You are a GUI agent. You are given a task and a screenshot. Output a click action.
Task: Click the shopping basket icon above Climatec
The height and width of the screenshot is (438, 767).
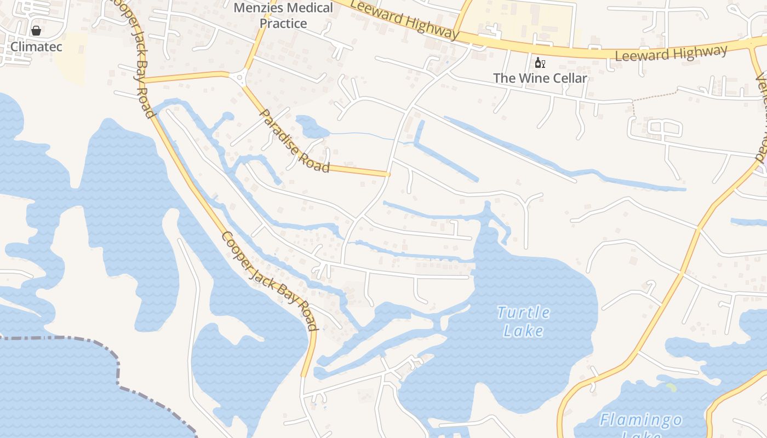pyautogui.click(x=36, y=31)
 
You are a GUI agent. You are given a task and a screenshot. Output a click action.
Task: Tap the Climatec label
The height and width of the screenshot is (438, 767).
pyautogui.click(x=36, y=47)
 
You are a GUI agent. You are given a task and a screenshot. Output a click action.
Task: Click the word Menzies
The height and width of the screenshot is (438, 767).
pyautogui.click(x=256, y=8)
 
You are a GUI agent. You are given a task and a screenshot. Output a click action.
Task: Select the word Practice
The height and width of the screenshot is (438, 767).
pyautogui.click(x=283, y=24)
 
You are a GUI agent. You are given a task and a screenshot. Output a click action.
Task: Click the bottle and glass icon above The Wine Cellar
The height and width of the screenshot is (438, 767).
pyautogui.click(x=540, y=63)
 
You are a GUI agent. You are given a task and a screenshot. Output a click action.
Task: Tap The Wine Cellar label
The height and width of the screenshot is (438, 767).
pyautogui.click(x=540, y=78)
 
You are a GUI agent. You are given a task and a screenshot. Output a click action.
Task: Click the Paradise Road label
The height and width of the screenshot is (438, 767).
pyautogui.click(x=294, y=141)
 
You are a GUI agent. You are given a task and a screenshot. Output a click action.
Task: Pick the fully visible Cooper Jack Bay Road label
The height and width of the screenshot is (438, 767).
pyautogui.click(x=271, y=282)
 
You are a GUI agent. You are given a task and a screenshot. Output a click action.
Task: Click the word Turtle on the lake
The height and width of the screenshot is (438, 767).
pyautogui.click(x=523, y=313)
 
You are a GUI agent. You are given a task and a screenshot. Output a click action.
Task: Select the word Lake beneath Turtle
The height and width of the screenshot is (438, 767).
pyautogui.click(x=523, y=331)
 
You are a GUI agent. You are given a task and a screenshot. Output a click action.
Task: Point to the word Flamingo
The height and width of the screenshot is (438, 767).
pyautogui.click(x=640, y=420)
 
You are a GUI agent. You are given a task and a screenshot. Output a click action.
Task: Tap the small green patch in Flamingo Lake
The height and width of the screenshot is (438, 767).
pyautogui.click(x=671, y=388)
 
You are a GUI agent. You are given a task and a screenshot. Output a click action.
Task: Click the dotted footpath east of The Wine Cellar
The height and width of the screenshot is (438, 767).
pyautogui.click(x=655, y=96)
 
